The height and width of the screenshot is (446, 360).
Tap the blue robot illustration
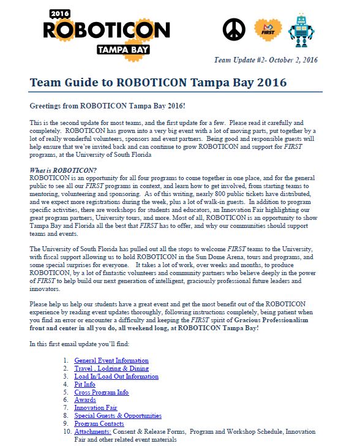point(301,30)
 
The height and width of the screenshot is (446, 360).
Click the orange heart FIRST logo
point(268,30)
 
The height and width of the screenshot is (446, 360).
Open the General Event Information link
point(111,360)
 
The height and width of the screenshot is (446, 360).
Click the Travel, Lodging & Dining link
point(113,368)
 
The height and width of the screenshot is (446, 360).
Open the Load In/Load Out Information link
point(116,376)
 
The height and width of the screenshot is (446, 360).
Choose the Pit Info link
point(85,384)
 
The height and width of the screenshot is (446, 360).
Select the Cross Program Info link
point(101,392)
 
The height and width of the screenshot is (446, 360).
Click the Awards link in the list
point(84,400)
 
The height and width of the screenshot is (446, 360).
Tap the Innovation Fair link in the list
point(96,408)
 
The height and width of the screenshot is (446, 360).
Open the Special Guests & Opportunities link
point(118,416)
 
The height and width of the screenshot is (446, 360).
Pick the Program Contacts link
point(99,424)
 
